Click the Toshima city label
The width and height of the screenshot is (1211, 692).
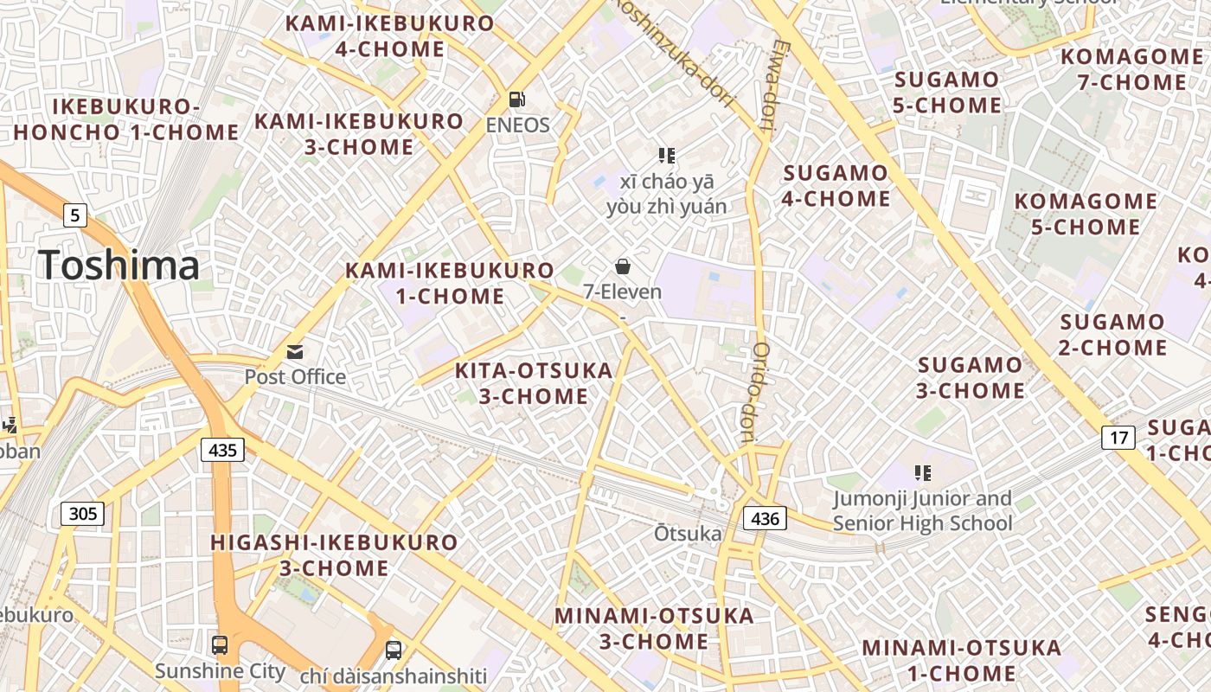[119, 265]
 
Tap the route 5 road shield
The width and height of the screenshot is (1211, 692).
[75, 215]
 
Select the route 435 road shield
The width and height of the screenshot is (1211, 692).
[222, 450]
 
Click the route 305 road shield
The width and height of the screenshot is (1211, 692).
[83, 514]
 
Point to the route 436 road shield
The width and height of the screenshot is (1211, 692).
[766, 519]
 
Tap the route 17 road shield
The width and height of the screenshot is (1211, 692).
[1118, 438]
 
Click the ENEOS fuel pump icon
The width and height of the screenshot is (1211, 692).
[517, 100]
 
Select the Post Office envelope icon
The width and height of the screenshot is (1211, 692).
[296, 352]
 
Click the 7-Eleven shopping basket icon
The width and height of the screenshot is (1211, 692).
[622, 266]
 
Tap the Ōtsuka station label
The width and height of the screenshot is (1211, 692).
[688, 534]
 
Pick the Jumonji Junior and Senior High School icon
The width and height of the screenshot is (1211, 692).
[922, 473]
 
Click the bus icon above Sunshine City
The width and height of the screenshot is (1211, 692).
[220, 645]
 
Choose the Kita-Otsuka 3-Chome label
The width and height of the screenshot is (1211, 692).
[534, 383]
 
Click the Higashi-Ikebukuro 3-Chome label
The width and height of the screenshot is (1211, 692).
[334, 555]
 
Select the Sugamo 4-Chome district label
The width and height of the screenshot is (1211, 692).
[836, 186]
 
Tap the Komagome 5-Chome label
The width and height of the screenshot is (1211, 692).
[1086, 215]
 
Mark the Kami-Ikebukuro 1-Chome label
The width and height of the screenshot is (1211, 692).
[450, 284]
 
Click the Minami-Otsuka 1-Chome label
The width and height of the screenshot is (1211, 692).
[961, 660]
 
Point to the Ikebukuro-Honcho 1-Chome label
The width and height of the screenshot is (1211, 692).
[126, 119]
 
